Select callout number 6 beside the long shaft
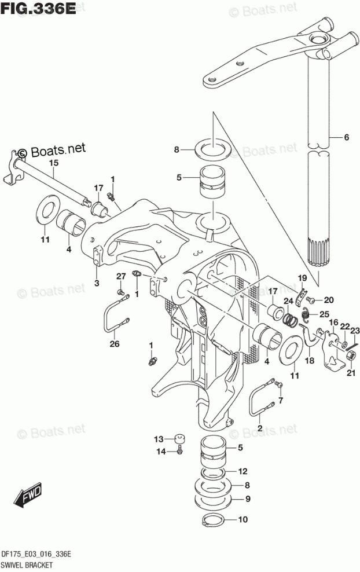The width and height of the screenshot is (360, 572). [x=346, y=137]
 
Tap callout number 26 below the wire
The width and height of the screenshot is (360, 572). [x=114, y=344]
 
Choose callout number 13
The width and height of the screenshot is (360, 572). [x=159, y=438]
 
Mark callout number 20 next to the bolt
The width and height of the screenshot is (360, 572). [x=329, y=299]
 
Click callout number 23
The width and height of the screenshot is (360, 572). [x=354, y=330]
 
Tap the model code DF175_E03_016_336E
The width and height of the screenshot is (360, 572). [x=37, y=554]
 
